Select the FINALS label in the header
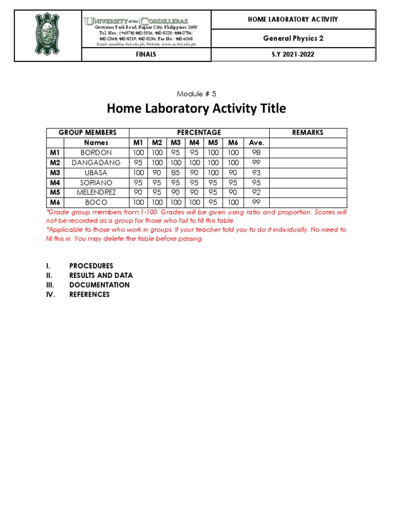pyautogui.click(x=146, y=54)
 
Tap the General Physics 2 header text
pyautogui.click(x=293, y=38)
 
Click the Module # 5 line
pyautogui.click(x=196, y=94)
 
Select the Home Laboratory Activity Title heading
pyautogui.click(x=196, y=109)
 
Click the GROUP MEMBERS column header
pyautogui.click(x=88, y=133)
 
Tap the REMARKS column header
pyautogui.click(x=308, y=133)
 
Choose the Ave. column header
pyautogui.click(x=256, y=143)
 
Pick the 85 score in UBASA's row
pyautogui.click(x=176, y=172)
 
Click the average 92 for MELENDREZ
pyautogui.click(x=256, y=192)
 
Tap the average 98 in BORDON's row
pyautogui.click(x=256, y=152)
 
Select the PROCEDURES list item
pyautogui.click(x=91, y=266)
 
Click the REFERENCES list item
pyautogui.click(x=90, y=295)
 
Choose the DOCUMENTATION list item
pyautogui.click(x=99, y=285)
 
